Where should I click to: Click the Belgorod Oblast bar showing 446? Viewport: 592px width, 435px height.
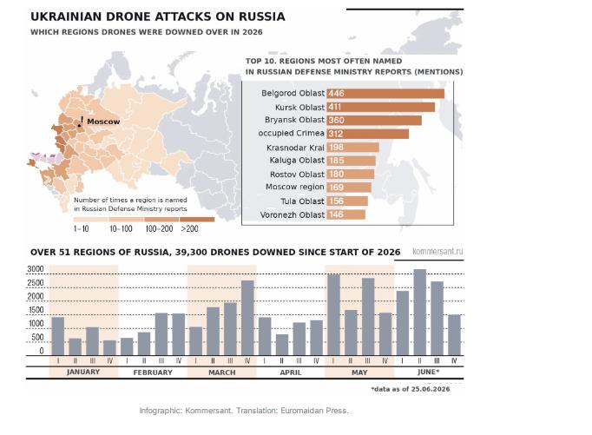pyautogui.click(x=385, y=94)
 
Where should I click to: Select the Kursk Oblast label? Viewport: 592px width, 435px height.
pyautogui.click(x=299, y=108)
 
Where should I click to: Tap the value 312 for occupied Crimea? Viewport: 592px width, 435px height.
pyautogui.click(x=336, y=134)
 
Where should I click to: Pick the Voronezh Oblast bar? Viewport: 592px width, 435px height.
pyautogui.click(x=345, y=214)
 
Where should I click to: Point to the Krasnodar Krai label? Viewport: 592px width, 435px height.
pyautogui.click(x=296, y=148)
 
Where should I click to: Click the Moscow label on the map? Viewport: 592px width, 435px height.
pyautogui.click(x=103, y=122)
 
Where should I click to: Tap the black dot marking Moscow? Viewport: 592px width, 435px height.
pyautogui.click(x=79, y=126)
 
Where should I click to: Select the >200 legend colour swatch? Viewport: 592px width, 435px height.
pyautogui.click(x=197, y=220)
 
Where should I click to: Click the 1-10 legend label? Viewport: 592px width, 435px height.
pyautogui.click(x=82, y=229)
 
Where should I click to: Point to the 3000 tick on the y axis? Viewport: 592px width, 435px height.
pyautogui.click(x=36, y=269)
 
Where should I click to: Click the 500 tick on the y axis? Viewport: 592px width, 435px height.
pyautogui.click(x=37, y=337)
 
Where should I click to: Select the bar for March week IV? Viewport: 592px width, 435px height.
pyautogui.click(x=247, y=318)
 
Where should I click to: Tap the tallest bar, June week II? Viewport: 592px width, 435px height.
pyautogui.click(x=420, y=312)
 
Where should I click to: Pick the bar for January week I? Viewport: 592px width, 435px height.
pyautogui.click(x=58, y=336)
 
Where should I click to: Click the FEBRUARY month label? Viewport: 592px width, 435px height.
pyautogui.click(x=153, y=372)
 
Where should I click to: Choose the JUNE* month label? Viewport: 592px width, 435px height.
pyautogui.click(x=428, y=372)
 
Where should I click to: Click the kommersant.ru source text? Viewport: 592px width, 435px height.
pyautogui.click(x=437, y=252)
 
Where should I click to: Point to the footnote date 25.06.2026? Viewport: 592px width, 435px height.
pyautogui.click(x=431, y=389)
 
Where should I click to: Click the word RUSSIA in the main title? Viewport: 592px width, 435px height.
pyautogui.click(x=261, y=16)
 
